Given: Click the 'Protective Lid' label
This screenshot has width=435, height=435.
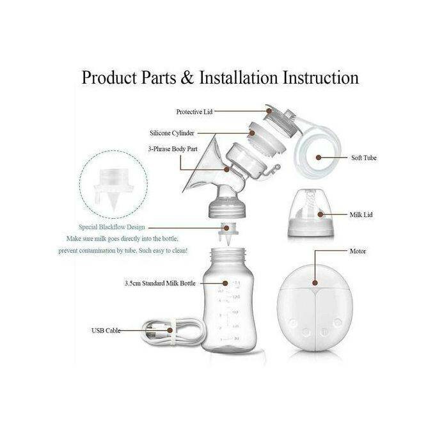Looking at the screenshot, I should pos(194,111).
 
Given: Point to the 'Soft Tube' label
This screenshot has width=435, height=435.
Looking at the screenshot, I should pos(363,157).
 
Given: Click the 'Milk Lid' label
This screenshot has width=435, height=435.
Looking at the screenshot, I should pos(361,214).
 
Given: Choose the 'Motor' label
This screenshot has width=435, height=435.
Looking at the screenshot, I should pos(358,251).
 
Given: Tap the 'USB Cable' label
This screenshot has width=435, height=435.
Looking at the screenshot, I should pos(105,331).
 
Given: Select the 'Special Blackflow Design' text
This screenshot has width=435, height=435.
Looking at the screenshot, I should pos(112,226).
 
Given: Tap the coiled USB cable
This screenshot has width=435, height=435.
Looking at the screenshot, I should pos(157,331).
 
